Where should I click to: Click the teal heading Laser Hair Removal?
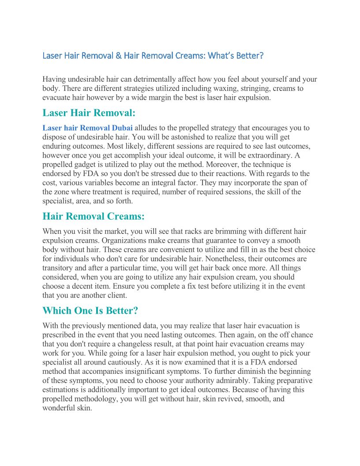coord(89,113)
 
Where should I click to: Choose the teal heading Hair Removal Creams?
coord(94,216)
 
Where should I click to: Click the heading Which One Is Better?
coord(90,311)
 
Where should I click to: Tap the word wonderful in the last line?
coord(61,408)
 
